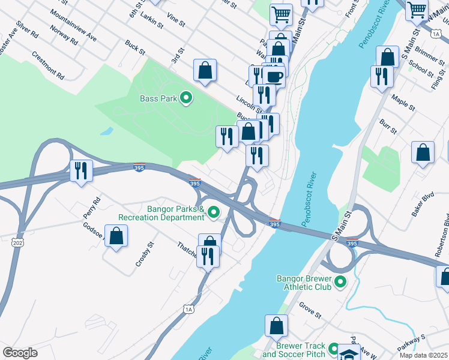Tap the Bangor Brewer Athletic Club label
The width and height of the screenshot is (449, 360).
tap(303, 283)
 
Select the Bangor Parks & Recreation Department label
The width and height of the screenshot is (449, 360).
tap(159, 212)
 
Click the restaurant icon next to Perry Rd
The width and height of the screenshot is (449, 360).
tap(80, 170)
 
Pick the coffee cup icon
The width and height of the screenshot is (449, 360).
tap(274, 76)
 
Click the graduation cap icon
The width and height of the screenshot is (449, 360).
tap(349, 353)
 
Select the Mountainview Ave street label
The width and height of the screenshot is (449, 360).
tap(73, 25)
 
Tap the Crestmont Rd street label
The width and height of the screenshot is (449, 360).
tap(48, 67)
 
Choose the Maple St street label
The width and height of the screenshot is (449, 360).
tap(403, 101)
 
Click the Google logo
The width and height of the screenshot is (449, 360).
tap(20, 352)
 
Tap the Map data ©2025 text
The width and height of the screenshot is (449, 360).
tap(423, 355)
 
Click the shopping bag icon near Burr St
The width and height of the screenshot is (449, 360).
tap(423, 152)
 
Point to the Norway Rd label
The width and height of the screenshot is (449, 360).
tap(65, 38)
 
